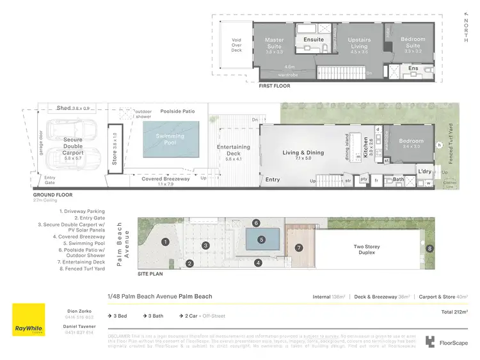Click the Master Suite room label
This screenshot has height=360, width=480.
(275, 43)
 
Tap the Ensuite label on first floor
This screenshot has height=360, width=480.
(314, 40)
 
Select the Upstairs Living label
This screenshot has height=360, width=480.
(359, 43)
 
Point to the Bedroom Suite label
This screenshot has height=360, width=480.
(413, 43)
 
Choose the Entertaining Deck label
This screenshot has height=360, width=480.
(234, 150)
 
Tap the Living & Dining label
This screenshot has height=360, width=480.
(303, 153)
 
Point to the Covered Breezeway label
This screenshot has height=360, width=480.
(166, 179)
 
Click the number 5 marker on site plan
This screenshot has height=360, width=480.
(261, 240)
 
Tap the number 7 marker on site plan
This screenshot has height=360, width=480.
(298, 247)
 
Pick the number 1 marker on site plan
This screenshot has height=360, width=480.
(165, 242)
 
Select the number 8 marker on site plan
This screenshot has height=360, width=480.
(430, 247)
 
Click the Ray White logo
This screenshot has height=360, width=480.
(29, 319)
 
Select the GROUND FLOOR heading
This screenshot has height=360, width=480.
(54, 195)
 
